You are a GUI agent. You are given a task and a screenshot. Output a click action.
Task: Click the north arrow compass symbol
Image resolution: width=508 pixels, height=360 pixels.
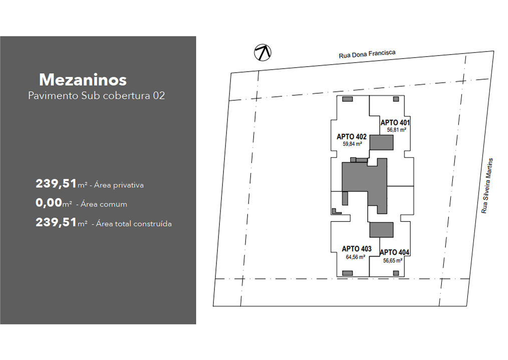tap(263, 52)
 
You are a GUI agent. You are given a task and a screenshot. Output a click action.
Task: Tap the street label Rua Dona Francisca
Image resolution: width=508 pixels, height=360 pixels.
tap(367, 54)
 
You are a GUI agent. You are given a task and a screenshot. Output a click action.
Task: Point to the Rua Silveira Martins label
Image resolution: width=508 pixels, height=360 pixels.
tap(487, 186)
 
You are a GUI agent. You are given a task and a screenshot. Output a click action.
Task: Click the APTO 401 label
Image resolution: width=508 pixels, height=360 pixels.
tap(395, 123)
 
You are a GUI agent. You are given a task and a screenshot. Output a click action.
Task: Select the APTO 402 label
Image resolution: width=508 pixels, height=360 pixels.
tap(352, 137)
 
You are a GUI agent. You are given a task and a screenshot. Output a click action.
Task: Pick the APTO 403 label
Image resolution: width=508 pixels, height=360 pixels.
tap(356, 249)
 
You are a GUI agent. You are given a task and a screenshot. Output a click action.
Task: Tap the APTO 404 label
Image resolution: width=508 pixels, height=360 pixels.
tap(394, 252)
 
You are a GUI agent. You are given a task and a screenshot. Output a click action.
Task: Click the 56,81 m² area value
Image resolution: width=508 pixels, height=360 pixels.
tap(397, 130)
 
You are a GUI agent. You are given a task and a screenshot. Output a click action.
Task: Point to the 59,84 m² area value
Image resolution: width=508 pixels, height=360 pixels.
tap(352, 144)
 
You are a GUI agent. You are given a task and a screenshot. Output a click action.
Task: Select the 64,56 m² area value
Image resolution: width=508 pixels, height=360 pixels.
tap(355, 257)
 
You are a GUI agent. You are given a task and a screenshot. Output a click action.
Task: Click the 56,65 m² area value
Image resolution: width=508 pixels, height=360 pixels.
tap(393, 260)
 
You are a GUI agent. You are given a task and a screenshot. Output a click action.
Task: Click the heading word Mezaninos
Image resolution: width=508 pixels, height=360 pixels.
tap(83, 79)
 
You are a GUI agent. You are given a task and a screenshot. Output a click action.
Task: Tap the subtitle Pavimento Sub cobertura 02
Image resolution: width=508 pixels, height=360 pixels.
tap(97, 96)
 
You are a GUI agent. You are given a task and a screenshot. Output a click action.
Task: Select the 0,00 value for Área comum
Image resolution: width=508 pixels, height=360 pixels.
tap(49, 203)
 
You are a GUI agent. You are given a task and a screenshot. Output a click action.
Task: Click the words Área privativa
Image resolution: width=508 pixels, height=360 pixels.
tap(119, 185)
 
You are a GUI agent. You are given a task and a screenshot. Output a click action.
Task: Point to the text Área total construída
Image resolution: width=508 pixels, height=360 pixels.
tap(134, 224)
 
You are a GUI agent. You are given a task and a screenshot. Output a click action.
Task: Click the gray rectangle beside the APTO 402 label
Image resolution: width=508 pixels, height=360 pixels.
tap(381, 142)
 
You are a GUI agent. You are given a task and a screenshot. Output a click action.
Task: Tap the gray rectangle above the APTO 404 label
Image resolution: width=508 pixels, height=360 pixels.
tap(381, 230)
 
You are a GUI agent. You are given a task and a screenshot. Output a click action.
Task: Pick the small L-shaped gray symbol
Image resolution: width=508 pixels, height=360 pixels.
tap(336, 211)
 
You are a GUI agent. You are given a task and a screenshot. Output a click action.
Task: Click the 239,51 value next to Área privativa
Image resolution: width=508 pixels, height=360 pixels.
tap(56, 184)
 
